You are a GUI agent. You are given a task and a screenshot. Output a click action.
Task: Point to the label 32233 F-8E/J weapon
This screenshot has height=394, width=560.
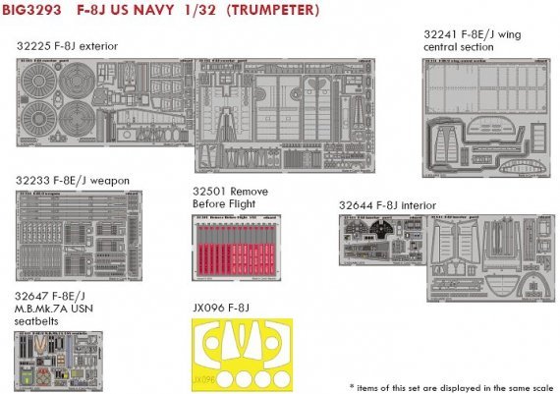tap(72, 181)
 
